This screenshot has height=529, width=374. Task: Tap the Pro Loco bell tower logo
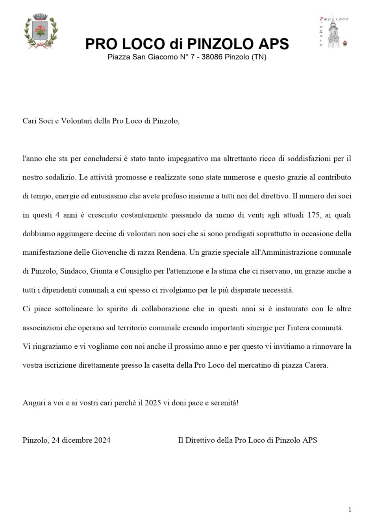pyautogui.click(x=333, y=32)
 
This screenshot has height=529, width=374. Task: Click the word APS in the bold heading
pyautogui.click(x=272, y=44)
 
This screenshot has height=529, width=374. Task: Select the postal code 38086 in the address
pyautogui.click(x=212, y=57)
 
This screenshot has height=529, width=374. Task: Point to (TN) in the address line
pyautogui.click(x=259, y=57)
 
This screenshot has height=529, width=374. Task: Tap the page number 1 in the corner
pyautogui.click(x=350, y=510)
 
